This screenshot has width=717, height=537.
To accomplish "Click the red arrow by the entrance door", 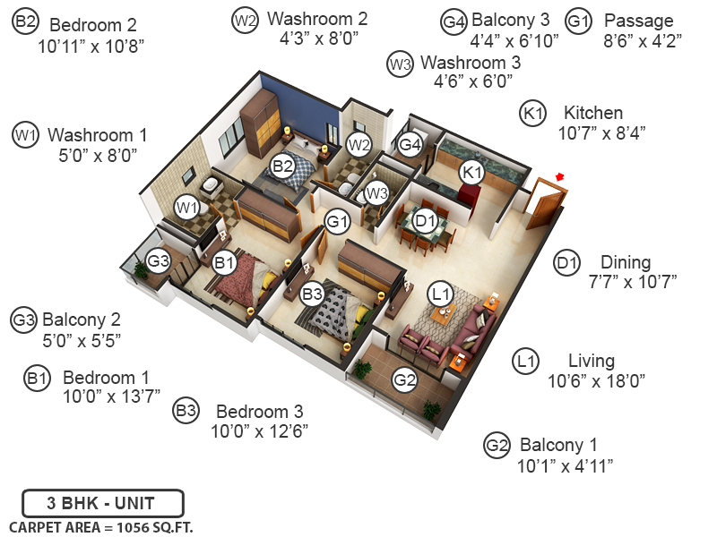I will click(x=561, y=177).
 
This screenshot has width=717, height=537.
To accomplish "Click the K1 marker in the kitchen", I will click(x=471, y=171).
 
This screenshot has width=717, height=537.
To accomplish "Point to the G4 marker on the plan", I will click(x=410, y=144).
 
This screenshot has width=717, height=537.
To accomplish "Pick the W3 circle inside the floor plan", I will click(x=376, y=192).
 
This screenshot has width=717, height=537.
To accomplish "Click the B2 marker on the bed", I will click(x=283, y=166).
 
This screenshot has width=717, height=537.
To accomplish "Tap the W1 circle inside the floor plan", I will click(x=186, y=208).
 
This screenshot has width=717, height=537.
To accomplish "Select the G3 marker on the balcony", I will click(x=159, y=261).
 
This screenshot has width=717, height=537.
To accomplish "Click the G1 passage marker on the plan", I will click(x=337, y=220).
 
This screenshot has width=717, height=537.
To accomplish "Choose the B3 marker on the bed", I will click(x=312, y=293).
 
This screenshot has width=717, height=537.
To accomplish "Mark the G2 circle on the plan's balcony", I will click(x=405, y=379).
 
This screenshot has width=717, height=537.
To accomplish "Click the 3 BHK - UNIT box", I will click(x=103, y=502).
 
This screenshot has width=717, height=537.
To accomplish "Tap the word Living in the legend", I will click(x=592, y=361).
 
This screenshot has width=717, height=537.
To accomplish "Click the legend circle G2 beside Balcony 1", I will click(x=496, y=445).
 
